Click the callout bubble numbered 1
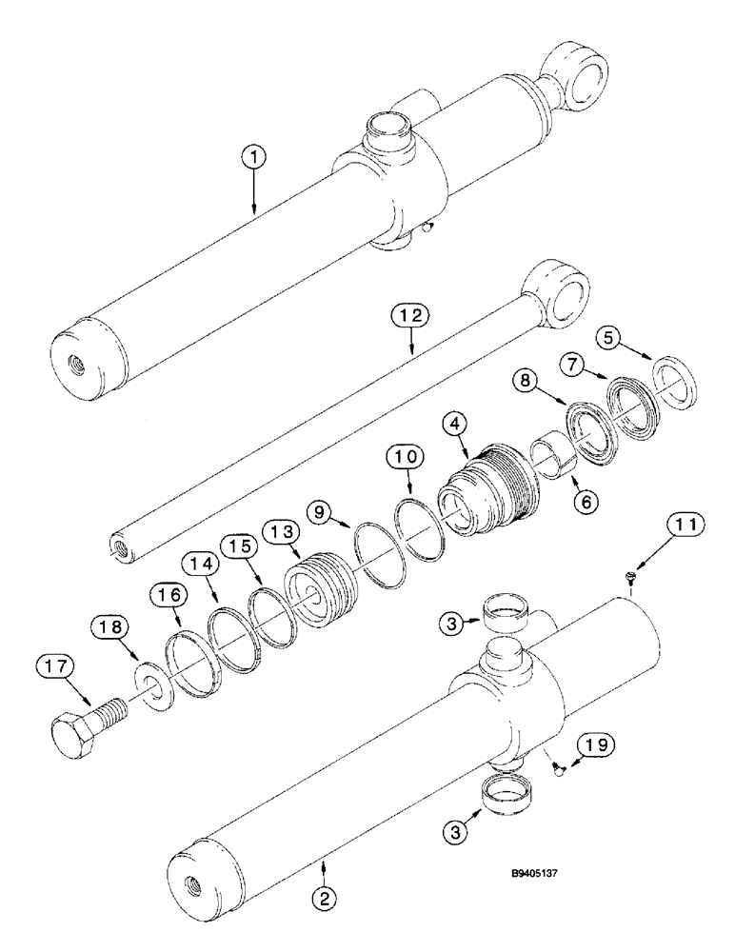[x=254, y=158]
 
